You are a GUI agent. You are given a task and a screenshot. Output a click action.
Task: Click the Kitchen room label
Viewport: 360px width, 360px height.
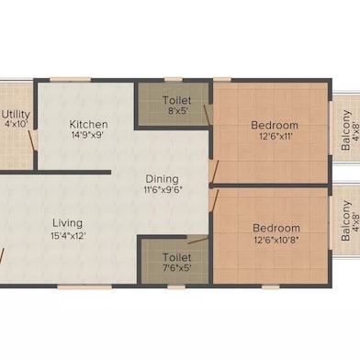(x=88, y=124)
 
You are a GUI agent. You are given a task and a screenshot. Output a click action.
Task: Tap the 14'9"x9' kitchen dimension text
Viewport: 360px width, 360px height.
(x=87, y=135)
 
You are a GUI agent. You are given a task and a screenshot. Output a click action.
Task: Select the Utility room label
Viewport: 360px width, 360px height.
(x=16, y=115)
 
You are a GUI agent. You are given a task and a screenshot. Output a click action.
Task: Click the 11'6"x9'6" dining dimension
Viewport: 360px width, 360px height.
(x=163, y=190)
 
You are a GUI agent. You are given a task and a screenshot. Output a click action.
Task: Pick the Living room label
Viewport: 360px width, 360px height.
(x=68, y=223)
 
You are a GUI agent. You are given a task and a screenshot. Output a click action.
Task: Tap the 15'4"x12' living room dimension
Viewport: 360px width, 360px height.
(x=68, y=236)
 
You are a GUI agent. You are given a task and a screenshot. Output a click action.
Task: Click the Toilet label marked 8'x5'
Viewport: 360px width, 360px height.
(x=176, y=100)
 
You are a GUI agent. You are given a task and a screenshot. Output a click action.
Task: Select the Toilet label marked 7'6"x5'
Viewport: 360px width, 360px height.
(x=176, y=257)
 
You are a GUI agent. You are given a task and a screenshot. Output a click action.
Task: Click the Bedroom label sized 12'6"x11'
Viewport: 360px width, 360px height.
(x=275, y=125)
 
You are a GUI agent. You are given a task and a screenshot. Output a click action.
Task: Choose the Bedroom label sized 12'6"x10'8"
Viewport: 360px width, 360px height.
(x=276, y=228)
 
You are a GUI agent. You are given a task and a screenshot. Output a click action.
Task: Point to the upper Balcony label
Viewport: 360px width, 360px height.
(x=346, y=129)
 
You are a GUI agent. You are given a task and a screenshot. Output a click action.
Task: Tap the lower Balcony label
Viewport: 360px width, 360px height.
(x=345, y=220)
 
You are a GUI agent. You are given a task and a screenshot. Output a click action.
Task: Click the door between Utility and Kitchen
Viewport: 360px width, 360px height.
(x=32, y=141)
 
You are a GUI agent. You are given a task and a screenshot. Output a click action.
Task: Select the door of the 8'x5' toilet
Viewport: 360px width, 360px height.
(x=207, y=115)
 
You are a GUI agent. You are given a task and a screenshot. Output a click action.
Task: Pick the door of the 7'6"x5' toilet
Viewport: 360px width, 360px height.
(x=198, y=240)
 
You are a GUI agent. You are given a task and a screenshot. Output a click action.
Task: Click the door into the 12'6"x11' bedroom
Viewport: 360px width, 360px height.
(x=215, y=172)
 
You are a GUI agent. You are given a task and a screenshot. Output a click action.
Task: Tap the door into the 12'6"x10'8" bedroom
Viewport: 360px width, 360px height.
(x=214, y=200)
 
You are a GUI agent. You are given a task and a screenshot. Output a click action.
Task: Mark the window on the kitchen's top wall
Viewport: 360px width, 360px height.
(x=70, y=80)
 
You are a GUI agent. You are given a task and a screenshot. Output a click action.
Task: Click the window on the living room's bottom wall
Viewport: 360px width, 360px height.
(x=84, y=287)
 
